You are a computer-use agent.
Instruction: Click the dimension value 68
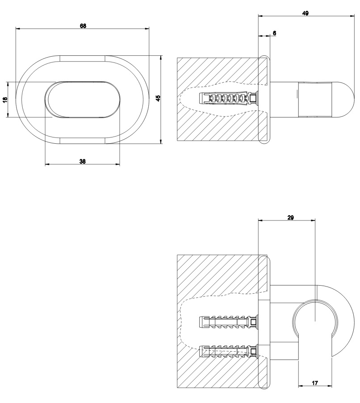(83, 26)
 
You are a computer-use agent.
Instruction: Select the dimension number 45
(158, 98)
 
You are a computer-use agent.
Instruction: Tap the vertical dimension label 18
(5, 100)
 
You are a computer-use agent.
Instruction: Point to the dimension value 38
(82, 162)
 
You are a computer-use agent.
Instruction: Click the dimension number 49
(305, 13)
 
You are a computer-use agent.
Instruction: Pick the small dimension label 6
(274, 33)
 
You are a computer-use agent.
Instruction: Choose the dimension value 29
(290, 218)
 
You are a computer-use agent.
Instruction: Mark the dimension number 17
(315, 383)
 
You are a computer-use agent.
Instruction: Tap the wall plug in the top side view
(229, 99)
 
